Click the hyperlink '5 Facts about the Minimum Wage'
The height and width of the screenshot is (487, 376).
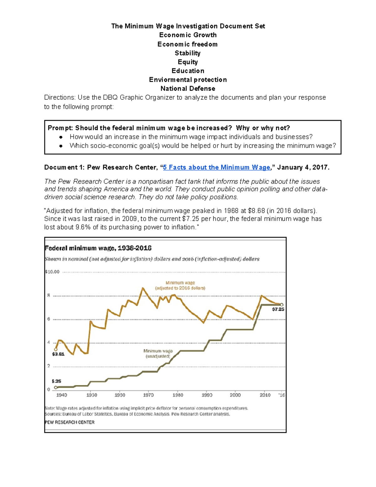pyautogui.click(x=217, y=167)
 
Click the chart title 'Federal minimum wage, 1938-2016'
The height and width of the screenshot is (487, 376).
pyautogui.click(x=98, y=248)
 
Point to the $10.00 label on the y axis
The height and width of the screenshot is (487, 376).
pyautogui.click(x=52, y=272)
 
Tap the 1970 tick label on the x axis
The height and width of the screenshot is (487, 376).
pyautogui.click(x=148, y=395)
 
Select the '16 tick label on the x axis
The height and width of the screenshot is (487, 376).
pyautogui.click(x=282, y=395)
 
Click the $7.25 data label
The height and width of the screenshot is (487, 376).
pyautogui.click(x=278, y=309)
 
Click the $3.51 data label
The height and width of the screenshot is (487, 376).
pyautogui.click(x=58, y=354)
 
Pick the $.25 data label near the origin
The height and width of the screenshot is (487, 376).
pyautogui.click(x=56, y=381)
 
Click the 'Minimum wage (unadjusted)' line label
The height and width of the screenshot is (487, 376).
pyautogui.click(x=158, y=354)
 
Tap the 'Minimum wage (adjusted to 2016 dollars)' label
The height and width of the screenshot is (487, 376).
pyautogui.click(x=180, y=285)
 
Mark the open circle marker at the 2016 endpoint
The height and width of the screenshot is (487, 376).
pyautogui.click(x=282, y=304)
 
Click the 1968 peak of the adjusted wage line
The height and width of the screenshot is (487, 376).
pyautogui.click(x=143, y=288)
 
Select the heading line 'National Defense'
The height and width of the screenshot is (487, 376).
pyautogui.click(x=188, y=89)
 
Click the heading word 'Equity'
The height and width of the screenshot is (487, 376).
pyautogui.click(x=188, y=62)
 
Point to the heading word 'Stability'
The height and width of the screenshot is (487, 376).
pyautogui.click(x=187, y=53)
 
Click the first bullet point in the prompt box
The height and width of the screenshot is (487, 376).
pyautogui.click(x=61, y=137)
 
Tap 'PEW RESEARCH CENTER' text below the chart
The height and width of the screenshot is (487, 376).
pyautogui.click(x=70, y=422)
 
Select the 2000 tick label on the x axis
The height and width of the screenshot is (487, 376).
pyautogui.click(x=235, y=395)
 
